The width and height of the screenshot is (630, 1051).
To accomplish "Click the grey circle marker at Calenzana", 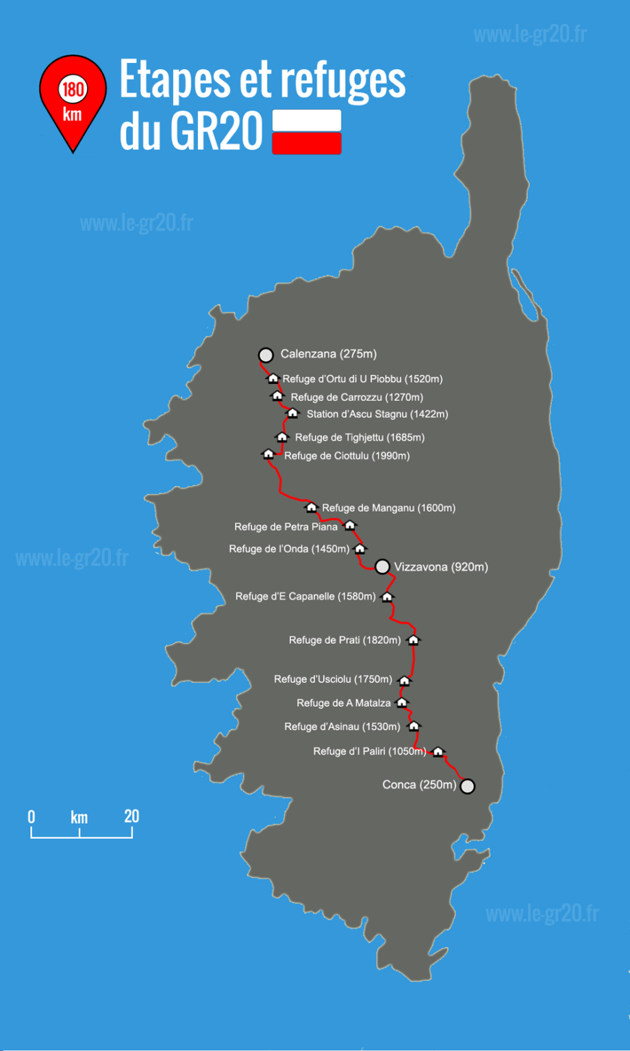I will point(266,355).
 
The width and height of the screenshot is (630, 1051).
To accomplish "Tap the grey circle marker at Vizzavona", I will point(383,567).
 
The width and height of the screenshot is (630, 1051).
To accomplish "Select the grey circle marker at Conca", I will point(467,786).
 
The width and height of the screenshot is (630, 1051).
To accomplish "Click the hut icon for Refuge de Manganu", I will point(311,508).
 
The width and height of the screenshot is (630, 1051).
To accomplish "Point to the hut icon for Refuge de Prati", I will point(413,640).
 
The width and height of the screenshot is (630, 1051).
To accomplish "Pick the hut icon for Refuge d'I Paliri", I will point(438,752).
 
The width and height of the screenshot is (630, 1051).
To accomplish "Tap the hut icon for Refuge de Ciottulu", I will point(268,454).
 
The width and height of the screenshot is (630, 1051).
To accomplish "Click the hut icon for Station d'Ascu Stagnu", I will point(292,413).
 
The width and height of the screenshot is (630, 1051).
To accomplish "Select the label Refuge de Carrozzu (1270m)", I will point(357,397).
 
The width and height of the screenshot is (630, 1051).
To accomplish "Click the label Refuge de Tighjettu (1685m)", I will point(360,437).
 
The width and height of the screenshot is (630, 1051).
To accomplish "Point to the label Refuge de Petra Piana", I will point(286,527).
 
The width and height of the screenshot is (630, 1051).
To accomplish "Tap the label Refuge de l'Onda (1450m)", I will point(289,549).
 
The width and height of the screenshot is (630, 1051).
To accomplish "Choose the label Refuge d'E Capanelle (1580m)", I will point(305,597).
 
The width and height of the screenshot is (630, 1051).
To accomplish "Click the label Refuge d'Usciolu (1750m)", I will point(333,679).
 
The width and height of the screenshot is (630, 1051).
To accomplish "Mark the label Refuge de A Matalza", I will point(344,703).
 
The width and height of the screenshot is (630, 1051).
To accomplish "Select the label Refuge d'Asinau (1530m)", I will point(342,727).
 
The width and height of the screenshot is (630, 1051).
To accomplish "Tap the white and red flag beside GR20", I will point(307,131).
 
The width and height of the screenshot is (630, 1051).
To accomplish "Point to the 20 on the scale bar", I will point(131,816).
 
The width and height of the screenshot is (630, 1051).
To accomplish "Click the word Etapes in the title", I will point(174,80).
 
